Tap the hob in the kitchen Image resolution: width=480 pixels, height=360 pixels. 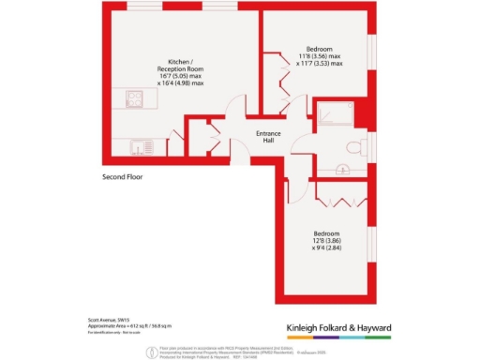134,97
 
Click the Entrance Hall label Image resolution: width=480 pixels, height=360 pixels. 269,139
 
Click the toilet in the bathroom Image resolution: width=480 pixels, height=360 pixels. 353,147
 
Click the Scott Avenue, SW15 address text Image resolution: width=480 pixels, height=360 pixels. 105,321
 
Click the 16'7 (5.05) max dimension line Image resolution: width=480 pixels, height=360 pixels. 181,77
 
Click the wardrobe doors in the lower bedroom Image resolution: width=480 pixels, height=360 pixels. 337,200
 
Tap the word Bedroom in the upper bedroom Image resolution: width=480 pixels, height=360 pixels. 320,48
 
